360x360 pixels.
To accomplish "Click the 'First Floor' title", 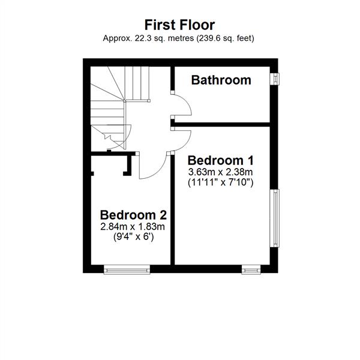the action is point(179,25).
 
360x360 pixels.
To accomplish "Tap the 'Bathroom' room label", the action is point(221,80).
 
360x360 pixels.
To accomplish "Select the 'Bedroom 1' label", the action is point(221,160).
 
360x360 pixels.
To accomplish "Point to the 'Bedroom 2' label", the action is point(133,215).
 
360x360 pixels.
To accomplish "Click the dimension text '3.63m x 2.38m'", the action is point(220,172).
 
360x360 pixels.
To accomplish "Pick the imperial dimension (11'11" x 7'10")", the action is point(220,183).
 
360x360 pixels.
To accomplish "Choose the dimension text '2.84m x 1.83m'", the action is point(133,227).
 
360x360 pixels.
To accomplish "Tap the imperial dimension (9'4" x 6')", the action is point(134,237).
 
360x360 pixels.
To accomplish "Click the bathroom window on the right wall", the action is point(275,79).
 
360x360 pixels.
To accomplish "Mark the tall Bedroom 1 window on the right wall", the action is point(275,218).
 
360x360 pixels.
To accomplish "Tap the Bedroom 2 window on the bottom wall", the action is point(127,270).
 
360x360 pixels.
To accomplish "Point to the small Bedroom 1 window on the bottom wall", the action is point(251,270).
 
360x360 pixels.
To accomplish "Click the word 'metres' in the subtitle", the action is point(181,38).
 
